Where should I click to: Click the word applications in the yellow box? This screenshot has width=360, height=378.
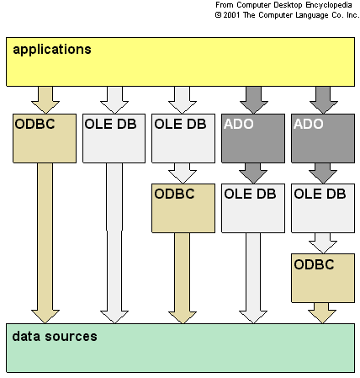tap(52, 50)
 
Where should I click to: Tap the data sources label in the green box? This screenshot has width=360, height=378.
tap(55, 336)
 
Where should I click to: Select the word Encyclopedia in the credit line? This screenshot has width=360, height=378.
tap(329, 5)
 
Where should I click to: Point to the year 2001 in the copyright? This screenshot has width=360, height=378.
tap(231, 15)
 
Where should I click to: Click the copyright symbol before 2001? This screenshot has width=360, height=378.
tap(218, 15)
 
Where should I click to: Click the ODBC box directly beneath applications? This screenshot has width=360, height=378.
tap(45, 138)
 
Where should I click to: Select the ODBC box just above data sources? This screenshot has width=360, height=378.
tap(323, 278)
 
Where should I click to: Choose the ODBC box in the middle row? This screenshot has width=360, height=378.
tap(183, 208)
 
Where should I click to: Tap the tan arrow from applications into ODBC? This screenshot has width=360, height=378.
tap(45, 100)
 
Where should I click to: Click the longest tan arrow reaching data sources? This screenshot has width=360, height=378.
tap(45, 243)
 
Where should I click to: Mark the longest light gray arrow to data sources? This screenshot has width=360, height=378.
tap(114, 243)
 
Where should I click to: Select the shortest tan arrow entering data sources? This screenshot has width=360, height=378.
tap(322, 313)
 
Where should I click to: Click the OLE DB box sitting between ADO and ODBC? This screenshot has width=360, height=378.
tap(323, 208)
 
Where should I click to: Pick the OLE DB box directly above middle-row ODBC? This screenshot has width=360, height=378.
tap(183, 138)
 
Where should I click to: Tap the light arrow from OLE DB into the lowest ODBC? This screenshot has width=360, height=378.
tap(323, 243)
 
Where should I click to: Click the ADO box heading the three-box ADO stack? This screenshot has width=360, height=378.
tap(323, 138)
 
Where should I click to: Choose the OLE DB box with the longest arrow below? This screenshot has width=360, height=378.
tap(114, 138)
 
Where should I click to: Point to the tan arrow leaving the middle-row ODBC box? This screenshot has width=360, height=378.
tap(183, 278)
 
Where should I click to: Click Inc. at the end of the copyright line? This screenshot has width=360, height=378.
tap(352, 15)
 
